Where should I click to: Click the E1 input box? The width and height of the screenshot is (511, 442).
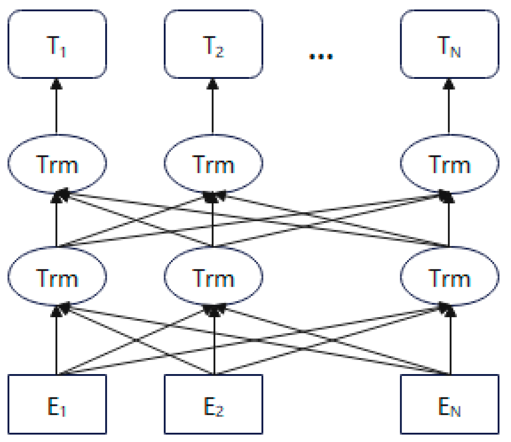tap(57, 404)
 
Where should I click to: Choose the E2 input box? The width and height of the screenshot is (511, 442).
tap(213, 404)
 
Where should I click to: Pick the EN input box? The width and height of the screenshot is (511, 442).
tap(449, 404)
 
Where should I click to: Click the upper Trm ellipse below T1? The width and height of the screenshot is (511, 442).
tap(57, 164)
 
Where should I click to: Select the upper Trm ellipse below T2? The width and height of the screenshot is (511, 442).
tap(213, 164)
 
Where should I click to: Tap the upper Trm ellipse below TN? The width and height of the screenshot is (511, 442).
tap(449, 164)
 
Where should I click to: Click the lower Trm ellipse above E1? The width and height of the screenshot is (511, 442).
tap(57, 277)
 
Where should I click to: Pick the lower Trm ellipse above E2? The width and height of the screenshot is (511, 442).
tap(213, 277)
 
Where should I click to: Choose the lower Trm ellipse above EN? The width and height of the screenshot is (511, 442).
tap(449, 277)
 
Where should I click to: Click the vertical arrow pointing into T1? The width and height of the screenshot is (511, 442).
tap(57, 107)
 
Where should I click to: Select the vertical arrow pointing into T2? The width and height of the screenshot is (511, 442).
tap(213, 107)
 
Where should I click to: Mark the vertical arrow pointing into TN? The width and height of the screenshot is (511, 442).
tap(449, 107)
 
